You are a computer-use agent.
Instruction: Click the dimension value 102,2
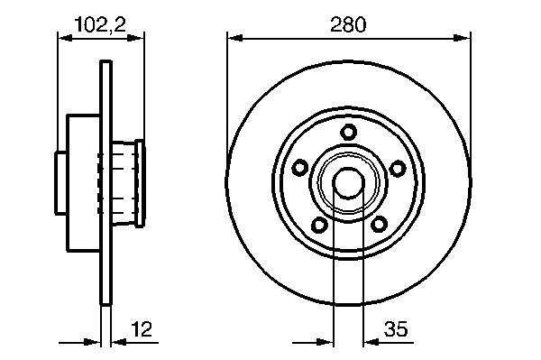tap(100, 24)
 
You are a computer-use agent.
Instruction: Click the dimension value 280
tap(348, 24)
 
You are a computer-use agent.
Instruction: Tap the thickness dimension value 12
tap(142, 329)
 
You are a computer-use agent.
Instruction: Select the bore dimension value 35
tap(396, 328)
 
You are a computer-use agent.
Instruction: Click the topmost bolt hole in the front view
tap(348, 133)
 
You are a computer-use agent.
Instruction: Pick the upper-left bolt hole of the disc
tap(300, 168)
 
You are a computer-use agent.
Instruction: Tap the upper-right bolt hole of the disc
tap(398, 168)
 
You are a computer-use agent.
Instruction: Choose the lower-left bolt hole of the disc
tap(319, 225)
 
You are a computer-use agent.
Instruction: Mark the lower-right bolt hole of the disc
tap(380, 225)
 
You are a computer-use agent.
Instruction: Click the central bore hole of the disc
tap(348, 183)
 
